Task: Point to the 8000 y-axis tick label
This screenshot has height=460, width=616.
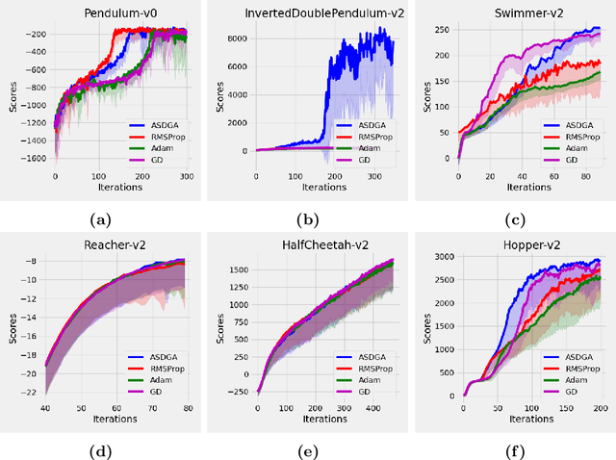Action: (241, 38)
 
